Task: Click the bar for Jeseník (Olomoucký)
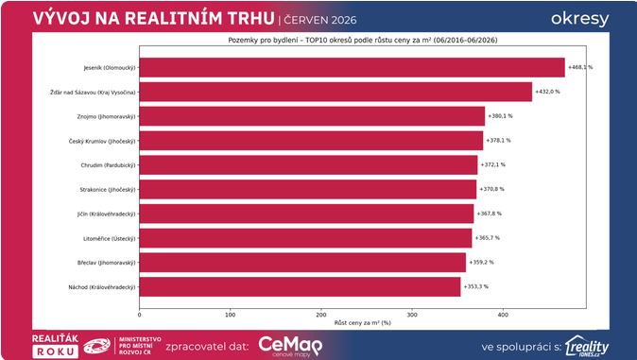tap(352, 67)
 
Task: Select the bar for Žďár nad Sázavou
tap(336, 92)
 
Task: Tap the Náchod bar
tap(300, 287)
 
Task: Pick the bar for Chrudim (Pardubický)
tap(308, 165)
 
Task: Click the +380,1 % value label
tap(500, 116)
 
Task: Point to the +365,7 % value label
tap(488, 238)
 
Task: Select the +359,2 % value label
tap(481, 263)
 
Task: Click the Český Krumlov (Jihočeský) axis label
tap(102, 141)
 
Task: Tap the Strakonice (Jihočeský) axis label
tap(108, 190)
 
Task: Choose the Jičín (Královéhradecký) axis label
tap(107, 214)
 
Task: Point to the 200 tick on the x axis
tap(321, 315)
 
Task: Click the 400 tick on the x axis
tap(503, 315)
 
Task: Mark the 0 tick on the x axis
tap(139, 315)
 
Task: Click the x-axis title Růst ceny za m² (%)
tap(362, 323)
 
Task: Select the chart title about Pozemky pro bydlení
tap(363, 41)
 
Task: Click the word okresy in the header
tap(579, 19)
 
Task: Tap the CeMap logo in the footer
tap(290, 347)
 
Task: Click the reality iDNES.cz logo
tap(587, 347)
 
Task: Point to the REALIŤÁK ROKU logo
tap(55, 346)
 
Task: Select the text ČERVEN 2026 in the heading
tap(320, 21)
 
